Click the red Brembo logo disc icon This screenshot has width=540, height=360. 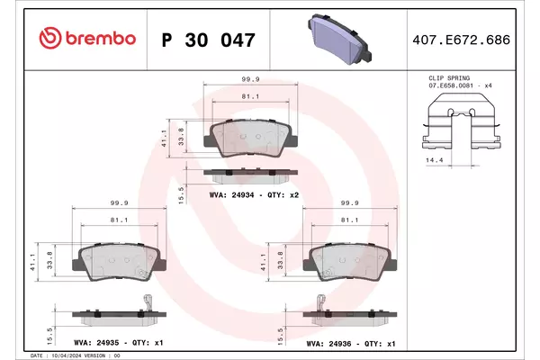pyautogui.click(x=50, y=38)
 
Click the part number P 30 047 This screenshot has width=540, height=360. pyautogui.click(x=209, y=40)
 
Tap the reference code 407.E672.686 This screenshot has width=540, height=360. pyautogui.click(x=461, y=40)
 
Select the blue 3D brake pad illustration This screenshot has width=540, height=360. pyautogui.click(x=339, y=40)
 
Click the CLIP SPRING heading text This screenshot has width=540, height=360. pyautogui.click(x=449, y=78)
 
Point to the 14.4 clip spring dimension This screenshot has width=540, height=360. pyautogui.click(x=435, y=160)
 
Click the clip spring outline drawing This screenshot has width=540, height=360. pyautogui.click(x=462, y=121)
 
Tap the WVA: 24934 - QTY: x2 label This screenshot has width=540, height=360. pyautogui.click(x=254, y=195)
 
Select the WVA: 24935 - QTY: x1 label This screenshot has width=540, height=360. pyautogui.click(x=119, y=343)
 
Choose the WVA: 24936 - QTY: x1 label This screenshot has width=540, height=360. pyautogui.click(x=351, y=344)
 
